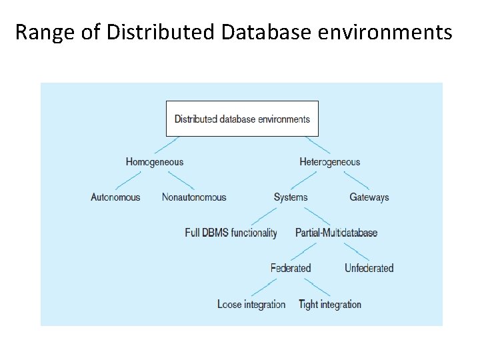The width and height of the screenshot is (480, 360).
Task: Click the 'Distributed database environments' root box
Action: [242, 119]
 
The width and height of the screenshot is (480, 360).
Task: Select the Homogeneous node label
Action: [154, 161]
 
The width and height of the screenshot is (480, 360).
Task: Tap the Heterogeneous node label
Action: [329, 161]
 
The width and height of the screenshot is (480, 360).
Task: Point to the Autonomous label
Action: [115, 197]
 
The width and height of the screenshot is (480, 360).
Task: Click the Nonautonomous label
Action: [194, 197]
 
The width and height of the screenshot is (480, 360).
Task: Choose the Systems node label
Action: [291, 197]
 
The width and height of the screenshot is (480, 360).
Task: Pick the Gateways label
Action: [369, 197]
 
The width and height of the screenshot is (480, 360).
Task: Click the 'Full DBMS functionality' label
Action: [231, 233]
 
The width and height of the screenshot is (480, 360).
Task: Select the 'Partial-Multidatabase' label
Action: [336, 233]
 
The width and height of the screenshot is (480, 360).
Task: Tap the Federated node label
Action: [291, 268]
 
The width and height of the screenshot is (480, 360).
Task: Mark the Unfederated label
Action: [369, 268]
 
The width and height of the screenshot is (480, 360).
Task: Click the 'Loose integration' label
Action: [251, 304]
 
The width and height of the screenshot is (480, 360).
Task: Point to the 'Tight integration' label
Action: [330, 304]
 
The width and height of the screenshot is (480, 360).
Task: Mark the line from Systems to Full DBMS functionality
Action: [263, 215]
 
